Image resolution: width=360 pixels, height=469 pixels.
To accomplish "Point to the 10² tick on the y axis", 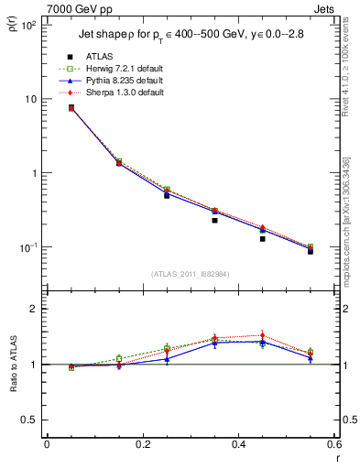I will (27, 26).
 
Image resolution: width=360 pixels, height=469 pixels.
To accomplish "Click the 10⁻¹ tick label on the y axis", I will (27, 247).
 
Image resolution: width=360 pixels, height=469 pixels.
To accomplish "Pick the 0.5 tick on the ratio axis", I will (28, 420).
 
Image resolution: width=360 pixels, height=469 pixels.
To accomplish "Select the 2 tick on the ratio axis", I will (33, 309).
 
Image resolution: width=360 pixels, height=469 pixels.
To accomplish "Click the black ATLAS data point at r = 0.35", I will (214, 220).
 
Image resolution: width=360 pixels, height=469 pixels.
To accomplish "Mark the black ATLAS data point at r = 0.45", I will (262, 238).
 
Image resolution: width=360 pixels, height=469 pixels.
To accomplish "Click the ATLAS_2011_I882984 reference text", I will (190, 273).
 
